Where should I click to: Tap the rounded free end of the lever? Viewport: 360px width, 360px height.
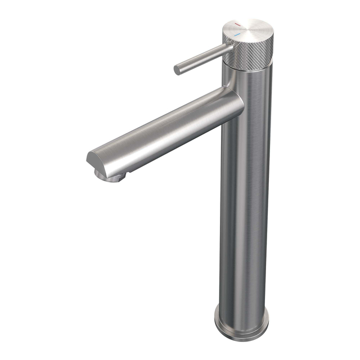(x=177, y=70)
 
